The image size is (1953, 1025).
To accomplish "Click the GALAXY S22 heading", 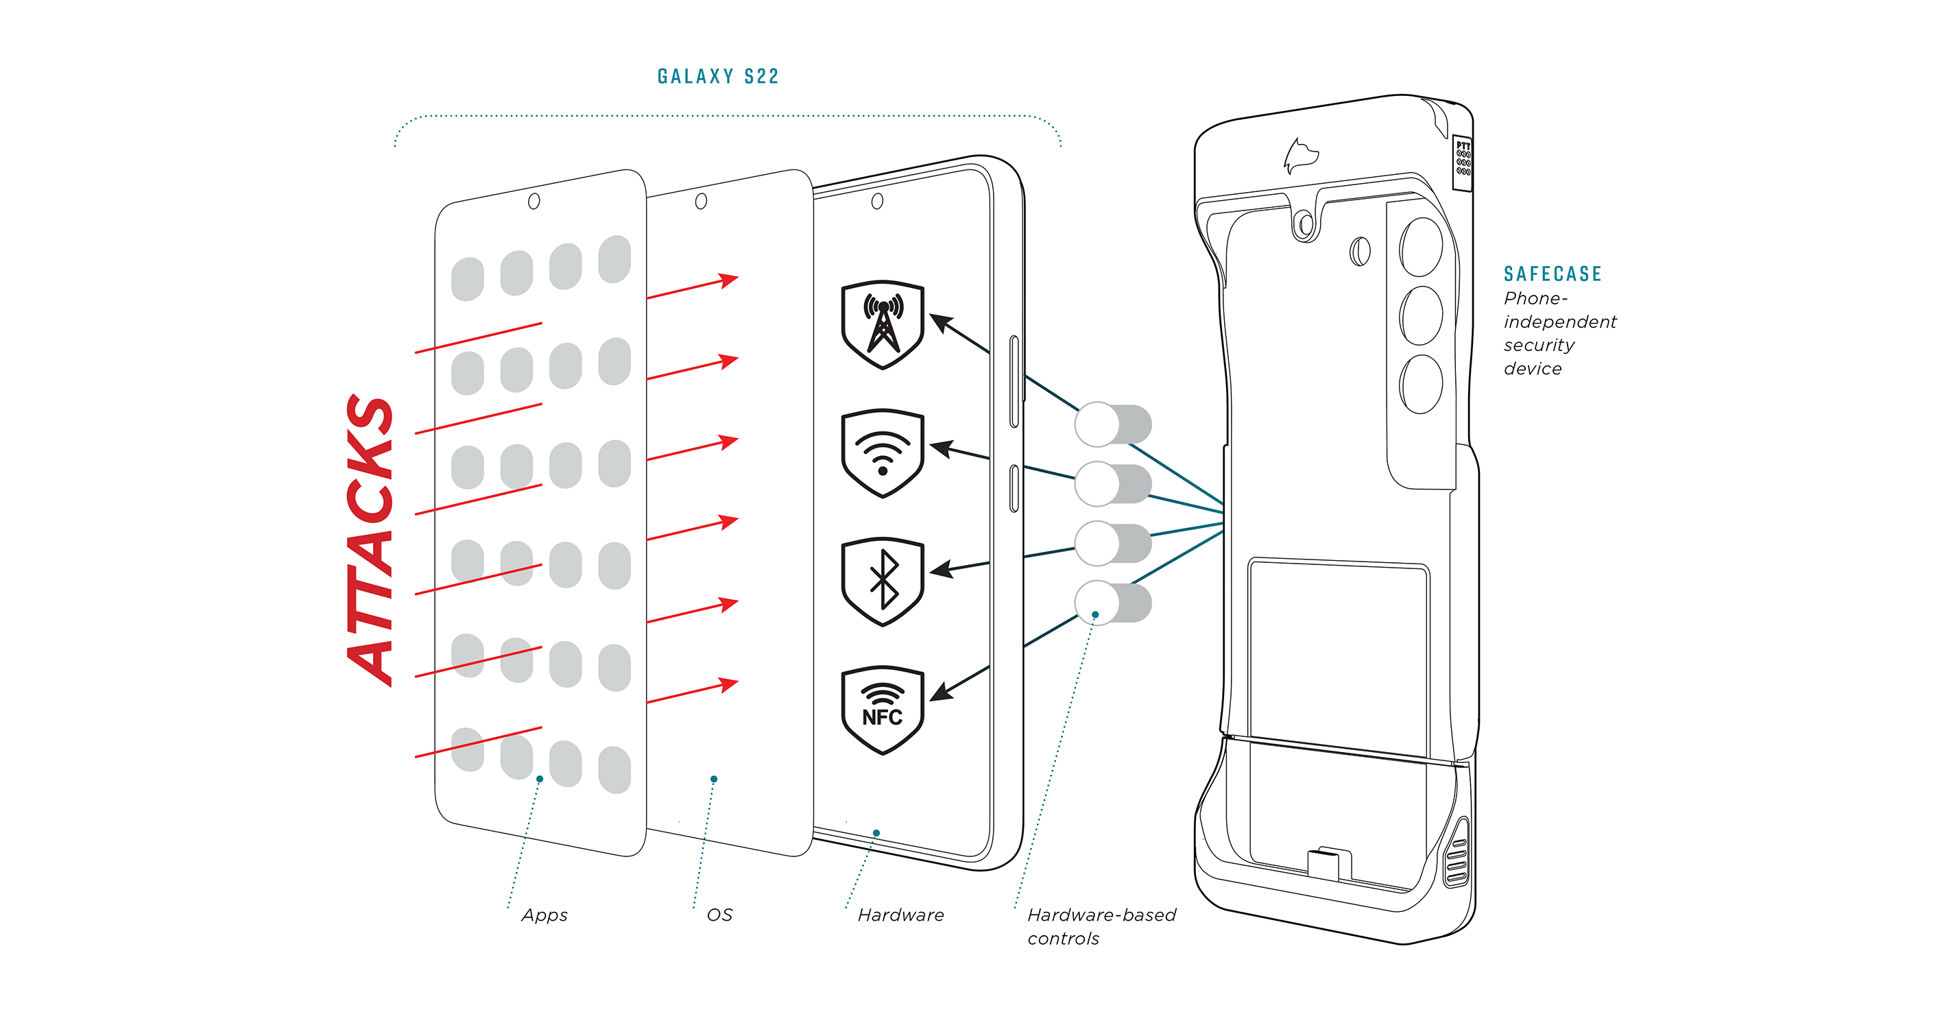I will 718,77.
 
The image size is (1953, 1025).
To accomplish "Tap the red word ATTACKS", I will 371,540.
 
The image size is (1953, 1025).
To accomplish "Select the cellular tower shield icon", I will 883,324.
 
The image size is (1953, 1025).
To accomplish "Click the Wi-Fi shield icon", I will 883,453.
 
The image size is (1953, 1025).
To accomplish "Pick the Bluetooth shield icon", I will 883,581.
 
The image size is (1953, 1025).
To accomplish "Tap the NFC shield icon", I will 883,710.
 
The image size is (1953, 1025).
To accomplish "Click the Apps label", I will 544,915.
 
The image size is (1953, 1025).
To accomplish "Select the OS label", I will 719,915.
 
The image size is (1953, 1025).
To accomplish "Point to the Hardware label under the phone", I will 900,915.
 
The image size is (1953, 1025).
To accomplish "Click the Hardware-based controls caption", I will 1101,926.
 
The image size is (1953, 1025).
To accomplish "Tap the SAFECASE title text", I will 1553,274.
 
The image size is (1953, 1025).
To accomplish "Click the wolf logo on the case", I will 1300,156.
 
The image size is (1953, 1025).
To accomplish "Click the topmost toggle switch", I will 1113,424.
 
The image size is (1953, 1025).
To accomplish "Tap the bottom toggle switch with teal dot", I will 1113,603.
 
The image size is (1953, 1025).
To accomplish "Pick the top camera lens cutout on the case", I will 1422,246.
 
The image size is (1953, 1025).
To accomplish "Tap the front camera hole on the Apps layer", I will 534,201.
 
